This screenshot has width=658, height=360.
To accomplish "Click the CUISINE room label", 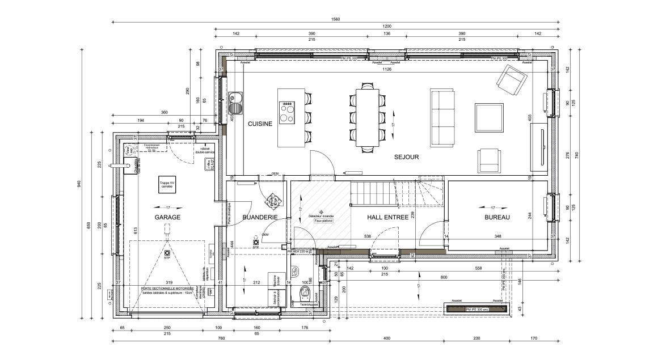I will click(260, 124).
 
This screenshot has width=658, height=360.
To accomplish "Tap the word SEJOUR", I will click(406, 157).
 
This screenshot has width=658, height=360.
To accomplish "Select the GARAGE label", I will click(167, 217).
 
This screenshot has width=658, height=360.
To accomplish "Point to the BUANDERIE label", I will click(259, 217).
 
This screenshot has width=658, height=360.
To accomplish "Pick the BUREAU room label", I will click(497, 217).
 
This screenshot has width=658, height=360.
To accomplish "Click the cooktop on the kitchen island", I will click(287, 112).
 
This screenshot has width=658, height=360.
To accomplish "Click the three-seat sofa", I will click(442, 116).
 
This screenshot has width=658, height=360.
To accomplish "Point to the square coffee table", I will click(489, 117).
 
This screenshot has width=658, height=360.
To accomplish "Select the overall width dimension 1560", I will click(335, 19).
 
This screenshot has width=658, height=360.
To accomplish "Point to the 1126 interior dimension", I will click(387, 70).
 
